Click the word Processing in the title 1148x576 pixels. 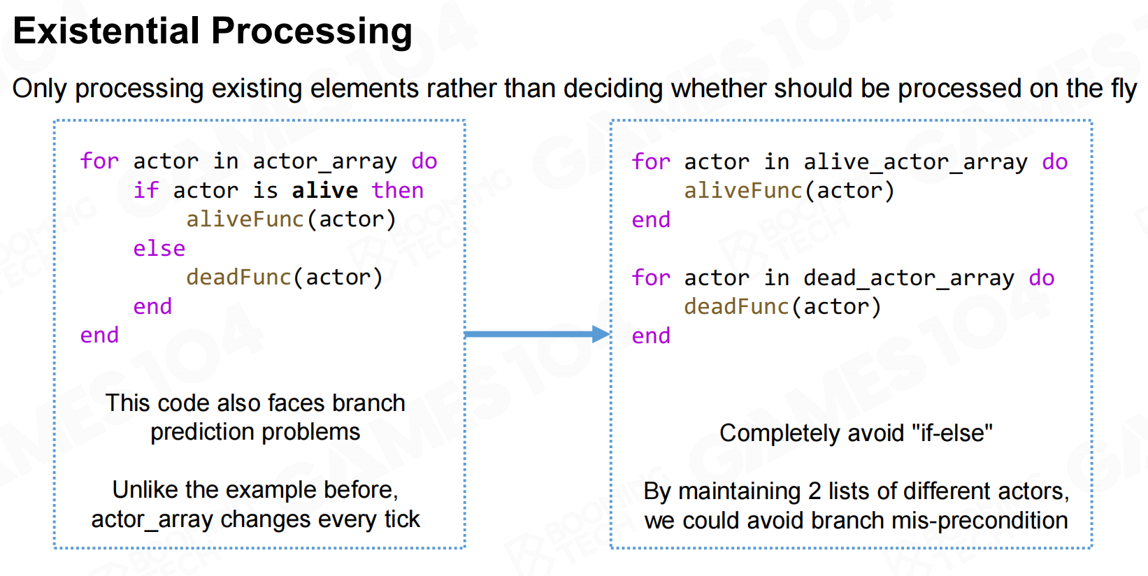click(312, 31)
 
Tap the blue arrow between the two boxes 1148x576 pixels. click(537, 334)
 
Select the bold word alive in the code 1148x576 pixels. click(325, 191)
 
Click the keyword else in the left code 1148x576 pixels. click(159, 249)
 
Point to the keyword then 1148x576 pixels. click(398, 191)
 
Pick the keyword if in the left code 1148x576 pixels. click(146, 191)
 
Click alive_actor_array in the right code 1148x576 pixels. click(915, 162)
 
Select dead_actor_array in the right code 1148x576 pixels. click(909, 278)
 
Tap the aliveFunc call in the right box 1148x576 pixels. click(789, 191)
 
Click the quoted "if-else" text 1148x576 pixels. click(952, 433)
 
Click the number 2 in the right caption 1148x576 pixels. click(815, 491)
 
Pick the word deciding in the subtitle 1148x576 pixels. click(613, 89)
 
